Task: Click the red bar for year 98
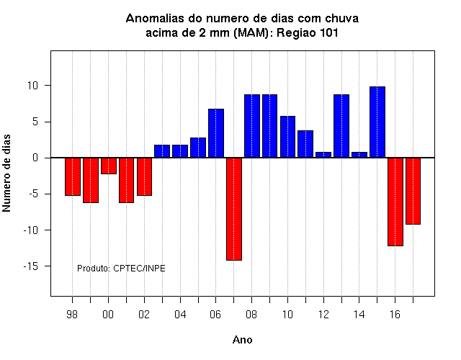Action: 73,176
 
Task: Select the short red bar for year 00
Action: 109,166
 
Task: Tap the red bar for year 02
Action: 144,176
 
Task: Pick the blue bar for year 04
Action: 180,151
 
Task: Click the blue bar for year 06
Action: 216,133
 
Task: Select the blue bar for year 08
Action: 252,126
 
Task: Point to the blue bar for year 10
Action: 287,137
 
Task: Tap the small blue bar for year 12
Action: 323,155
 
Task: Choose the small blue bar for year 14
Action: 359,155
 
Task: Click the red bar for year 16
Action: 395,202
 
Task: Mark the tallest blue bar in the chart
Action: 377,122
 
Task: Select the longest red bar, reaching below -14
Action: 234,209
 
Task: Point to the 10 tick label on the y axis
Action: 33,86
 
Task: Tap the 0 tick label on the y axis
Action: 35,158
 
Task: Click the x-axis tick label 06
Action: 215,315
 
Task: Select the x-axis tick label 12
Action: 323,315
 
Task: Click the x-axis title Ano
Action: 243,340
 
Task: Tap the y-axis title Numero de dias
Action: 6,173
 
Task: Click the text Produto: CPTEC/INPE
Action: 121,269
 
